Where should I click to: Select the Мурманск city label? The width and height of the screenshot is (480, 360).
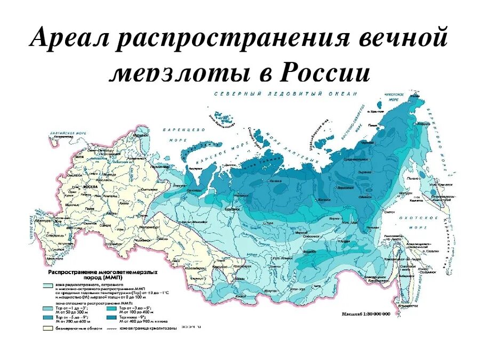point(140,137)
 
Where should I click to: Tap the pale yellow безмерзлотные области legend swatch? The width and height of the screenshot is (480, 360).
point(47,328)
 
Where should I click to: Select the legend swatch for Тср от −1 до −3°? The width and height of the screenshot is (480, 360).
point(47,308)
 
